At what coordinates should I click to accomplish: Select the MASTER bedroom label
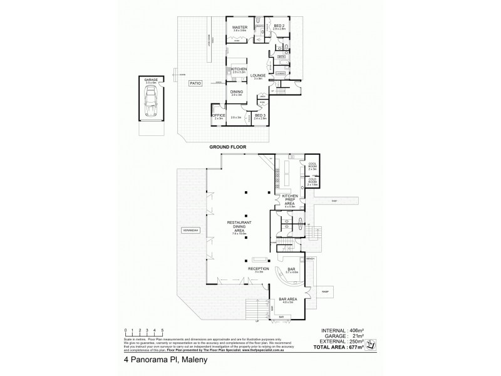240,28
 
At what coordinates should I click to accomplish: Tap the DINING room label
236,92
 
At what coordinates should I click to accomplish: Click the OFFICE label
219,115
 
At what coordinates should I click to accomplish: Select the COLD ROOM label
313,181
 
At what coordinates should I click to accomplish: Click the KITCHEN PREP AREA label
290,199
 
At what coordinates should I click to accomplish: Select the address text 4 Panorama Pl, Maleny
158,362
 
